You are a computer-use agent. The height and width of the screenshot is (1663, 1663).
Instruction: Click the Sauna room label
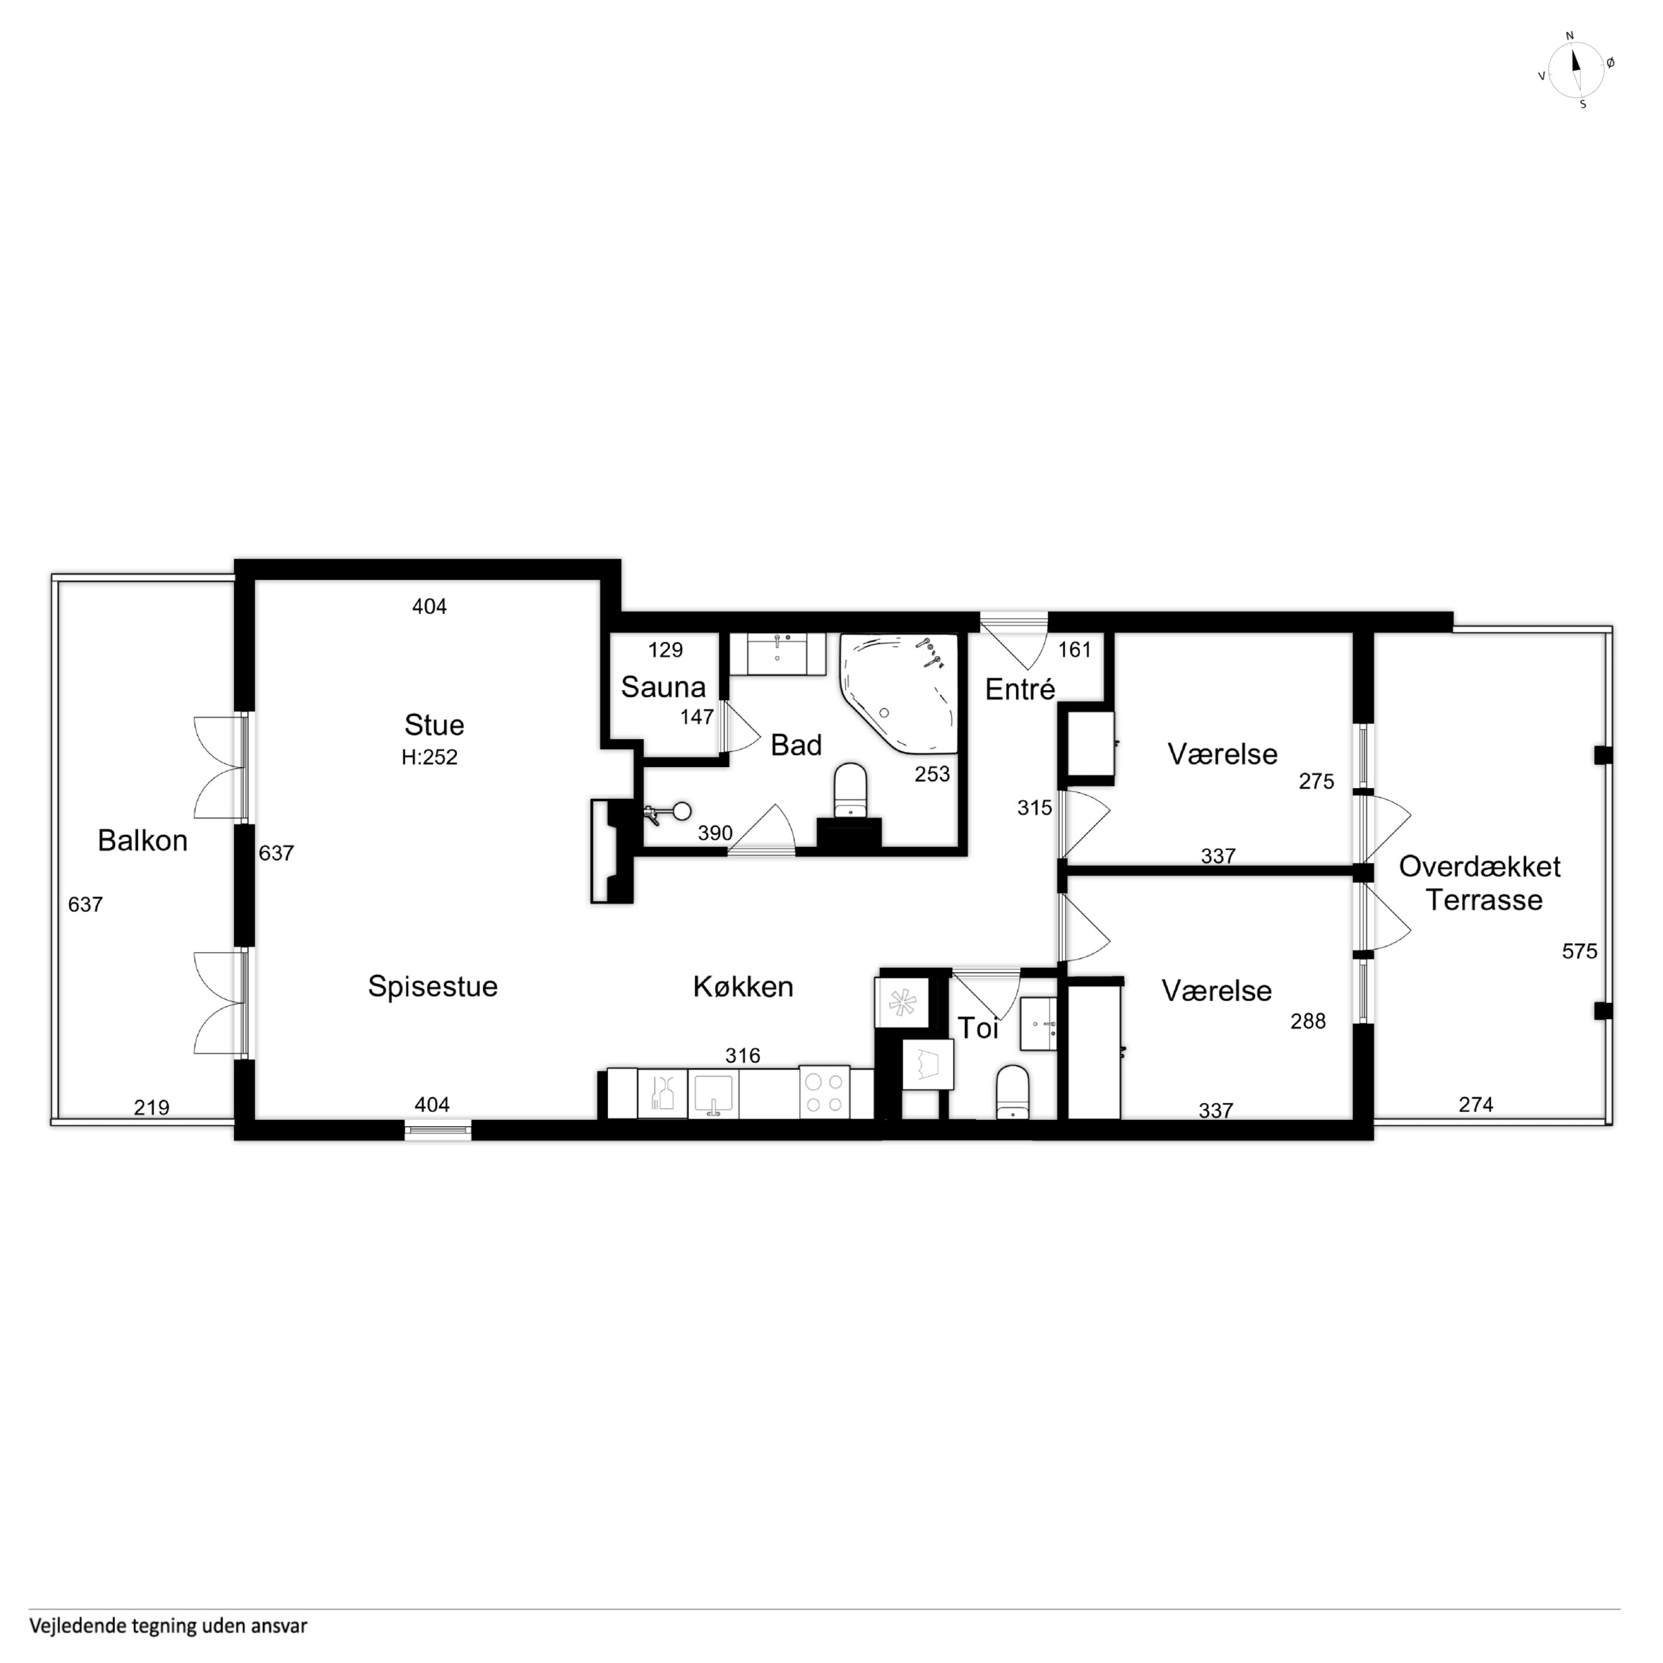pos(663,687)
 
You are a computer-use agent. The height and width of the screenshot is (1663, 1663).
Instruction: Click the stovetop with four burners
pos(824,1092)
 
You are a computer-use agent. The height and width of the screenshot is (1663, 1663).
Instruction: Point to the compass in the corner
pos(1575,70)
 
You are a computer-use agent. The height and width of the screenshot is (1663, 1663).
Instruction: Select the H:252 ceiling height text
pos(430,758)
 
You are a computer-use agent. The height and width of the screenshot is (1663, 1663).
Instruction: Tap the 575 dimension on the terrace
pos(1580,951)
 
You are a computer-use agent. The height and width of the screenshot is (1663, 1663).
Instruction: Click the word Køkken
pos(743,987)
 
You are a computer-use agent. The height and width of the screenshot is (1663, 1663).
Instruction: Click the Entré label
pos(1020,689)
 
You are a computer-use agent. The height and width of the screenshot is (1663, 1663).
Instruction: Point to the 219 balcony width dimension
pos(152,1107)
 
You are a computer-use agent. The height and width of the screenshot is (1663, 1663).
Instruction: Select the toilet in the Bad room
pos(851,790)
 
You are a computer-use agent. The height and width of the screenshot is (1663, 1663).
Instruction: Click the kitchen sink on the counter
pos(712,1094)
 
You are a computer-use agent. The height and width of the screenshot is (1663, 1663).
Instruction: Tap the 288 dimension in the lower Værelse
pos(1308,1021)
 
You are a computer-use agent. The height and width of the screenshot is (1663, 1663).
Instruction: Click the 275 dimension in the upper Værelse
pos(1316,781)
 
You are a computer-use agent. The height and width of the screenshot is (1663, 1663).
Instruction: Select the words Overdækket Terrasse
pos(1480,883)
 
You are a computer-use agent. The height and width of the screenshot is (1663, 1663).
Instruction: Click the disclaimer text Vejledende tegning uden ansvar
pos(168,1626)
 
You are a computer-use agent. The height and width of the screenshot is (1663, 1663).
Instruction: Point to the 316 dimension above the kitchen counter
pos(742,1056)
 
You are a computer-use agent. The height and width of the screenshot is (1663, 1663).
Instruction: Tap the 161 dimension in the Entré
pos(1074,650)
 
